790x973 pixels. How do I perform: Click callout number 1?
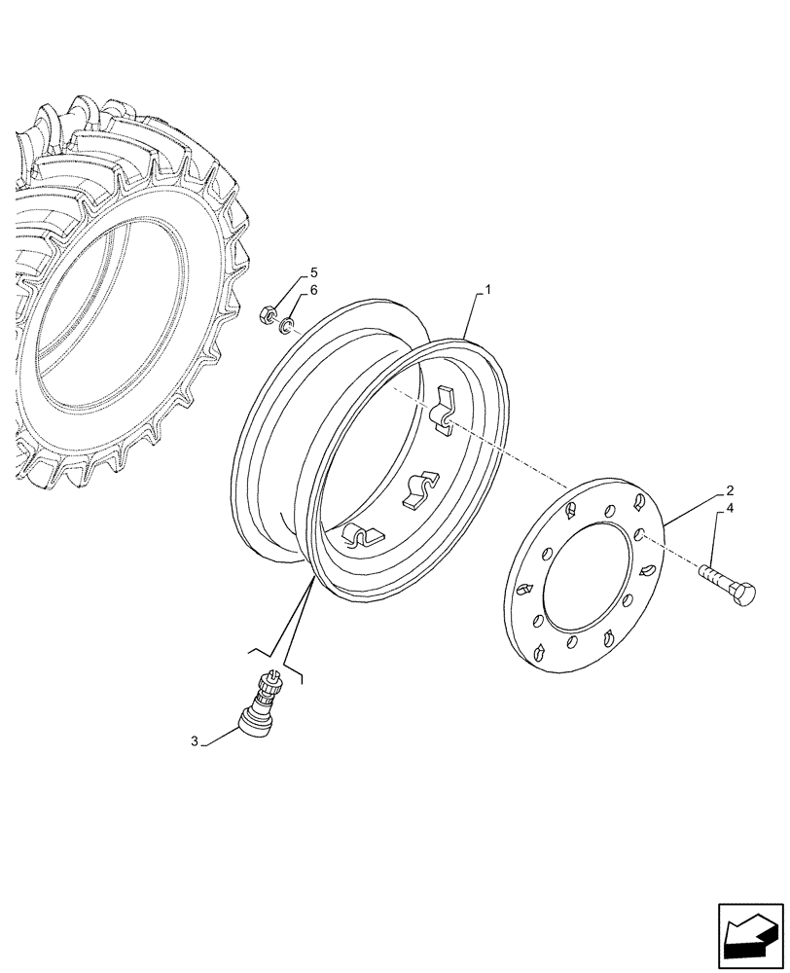coord(488,290)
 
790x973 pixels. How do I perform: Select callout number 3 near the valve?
coord(195,741)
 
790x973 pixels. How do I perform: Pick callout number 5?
coord(286,272)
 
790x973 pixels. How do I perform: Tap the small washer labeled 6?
coord(283,325)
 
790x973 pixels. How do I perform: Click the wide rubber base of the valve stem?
coord(256,723)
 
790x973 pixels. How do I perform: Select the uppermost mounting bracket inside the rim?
coord(443,408)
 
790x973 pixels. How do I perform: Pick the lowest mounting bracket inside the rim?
coord(361,536)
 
